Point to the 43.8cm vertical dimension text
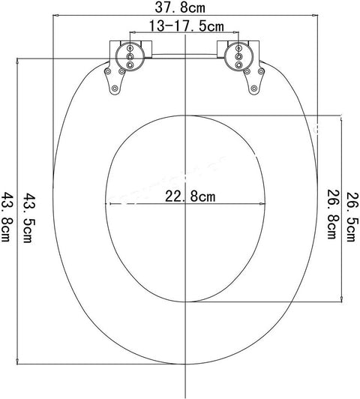9,219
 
